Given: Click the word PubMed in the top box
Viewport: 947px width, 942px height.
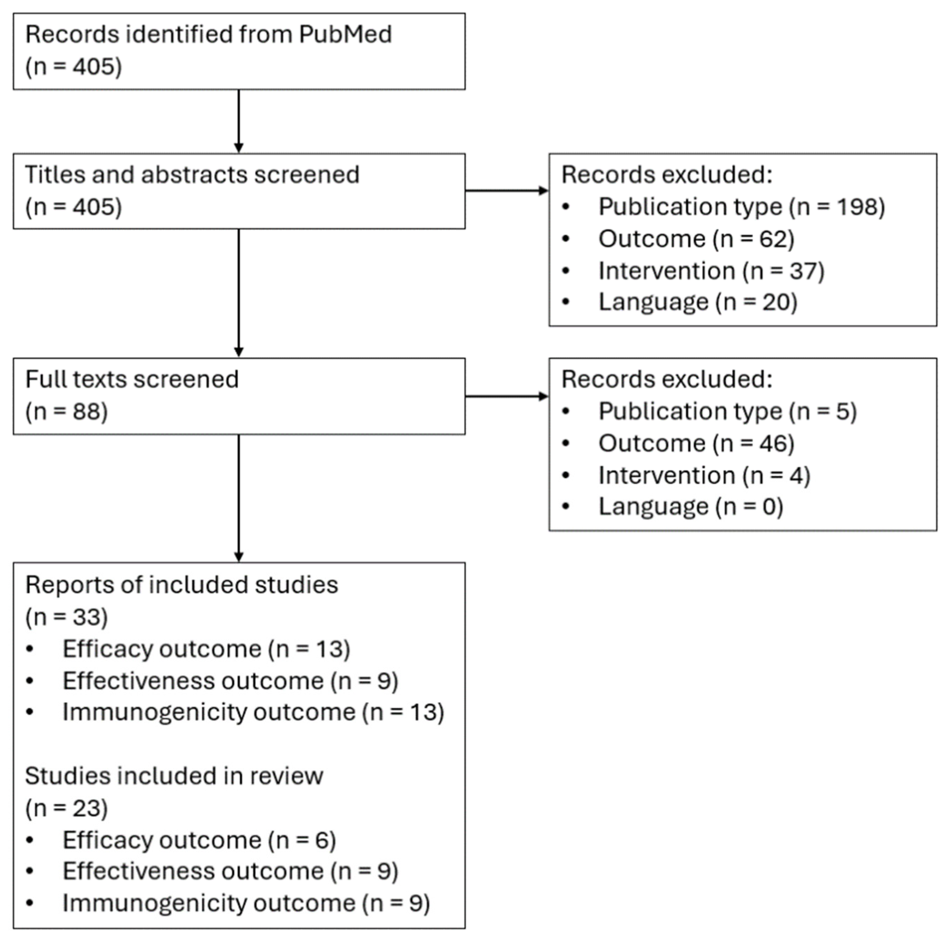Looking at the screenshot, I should [345, 34].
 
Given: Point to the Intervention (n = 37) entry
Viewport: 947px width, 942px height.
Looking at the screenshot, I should [711, 271].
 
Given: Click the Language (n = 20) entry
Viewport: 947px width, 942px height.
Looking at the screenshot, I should [698, 302].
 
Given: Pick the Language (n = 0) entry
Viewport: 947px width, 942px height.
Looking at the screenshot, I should [690, 507].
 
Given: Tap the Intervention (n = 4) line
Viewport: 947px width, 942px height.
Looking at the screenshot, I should [704, 476].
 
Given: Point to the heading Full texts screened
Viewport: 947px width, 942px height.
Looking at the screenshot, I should [131, 379].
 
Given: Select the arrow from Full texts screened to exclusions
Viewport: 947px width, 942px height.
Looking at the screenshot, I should [506, 396].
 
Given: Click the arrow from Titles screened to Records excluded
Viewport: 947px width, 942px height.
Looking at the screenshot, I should [506, 191].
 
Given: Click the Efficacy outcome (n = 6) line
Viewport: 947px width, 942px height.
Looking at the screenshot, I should [199, 840].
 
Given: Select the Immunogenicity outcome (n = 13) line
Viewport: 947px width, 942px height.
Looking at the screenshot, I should [252, 712].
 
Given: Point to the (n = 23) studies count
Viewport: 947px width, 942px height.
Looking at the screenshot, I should [66, 808].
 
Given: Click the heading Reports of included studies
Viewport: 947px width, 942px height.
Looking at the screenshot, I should [181, 585].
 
